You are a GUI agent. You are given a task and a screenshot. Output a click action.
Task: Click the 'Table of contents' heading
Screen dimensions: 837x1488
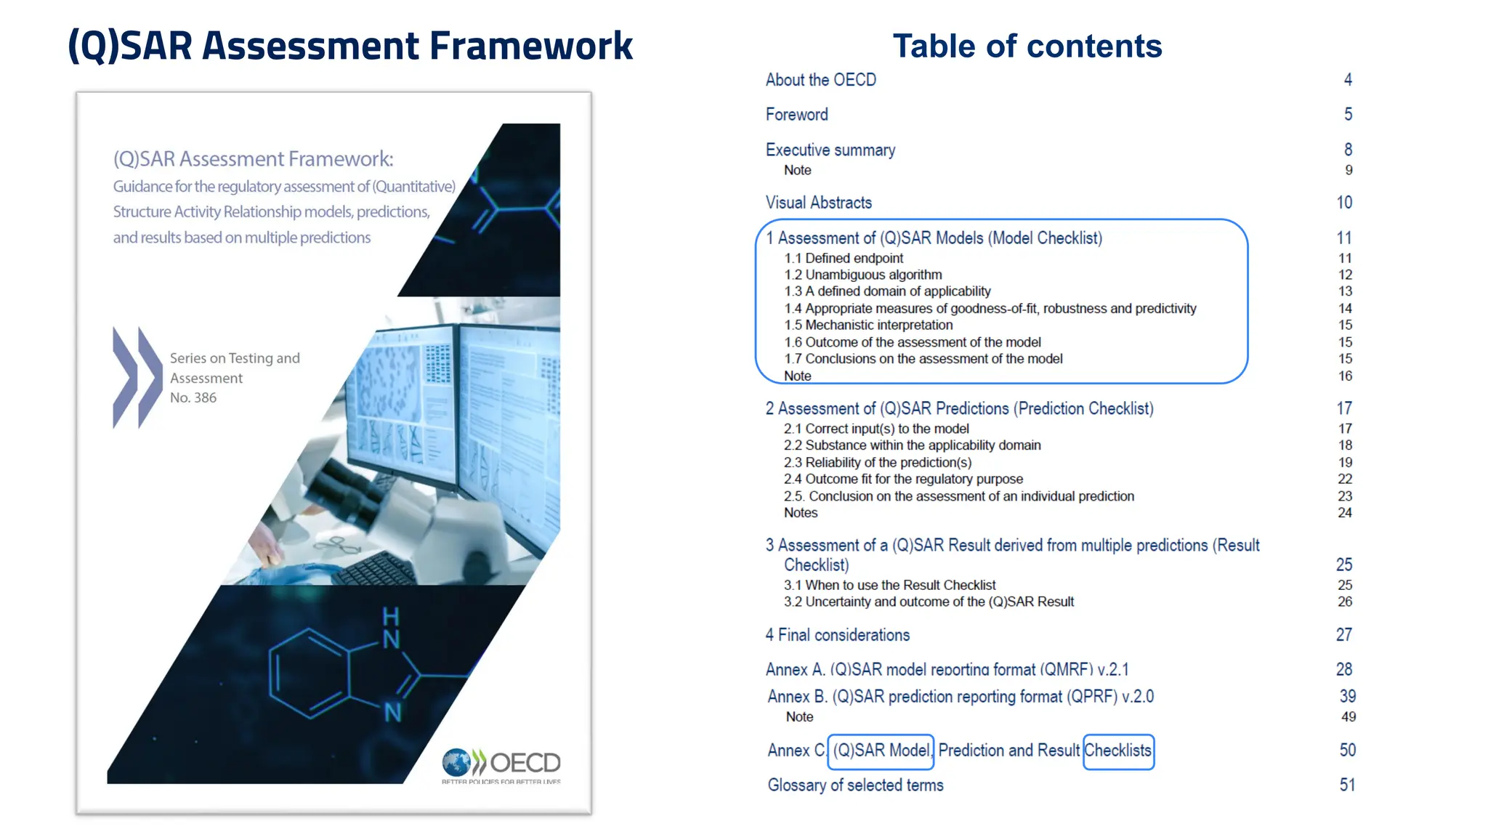coord(1027,46)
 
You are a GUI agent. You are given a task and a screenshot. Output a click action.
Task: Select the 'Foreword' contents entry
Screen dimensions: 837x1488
coord(796,115)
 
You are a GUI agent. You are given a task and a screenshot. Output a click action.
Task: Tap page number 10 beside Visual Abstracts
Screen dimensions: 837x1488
coord(1344,203)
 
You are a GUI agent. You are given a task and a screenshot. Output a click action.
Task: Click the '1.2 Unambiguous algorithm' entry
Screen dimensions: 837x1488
coord(862,275)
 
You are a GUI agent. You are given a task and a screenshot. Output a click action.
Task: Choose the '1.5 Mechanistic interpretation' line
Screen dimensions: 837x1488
coord(868,325)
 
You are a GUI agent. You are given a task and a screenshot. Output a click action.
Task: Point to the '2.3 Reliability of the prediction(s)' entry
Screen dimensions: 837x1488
coord(877,462)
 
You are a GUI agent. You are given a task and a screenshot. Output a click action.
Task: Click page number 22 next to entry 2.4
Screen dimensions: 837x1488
coord(1345,479)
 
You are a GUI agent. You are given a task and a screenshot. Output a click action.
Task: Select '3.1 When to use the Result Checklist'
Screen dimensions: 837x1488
coord(889,585)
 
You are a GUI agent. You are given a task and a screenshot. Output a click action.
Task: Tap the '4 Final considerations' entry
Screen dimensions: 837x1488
coord(837,635)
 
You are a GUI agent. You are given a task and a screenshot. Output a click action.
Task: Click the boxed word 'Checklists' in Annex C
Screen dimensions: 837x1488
coord(1118,751)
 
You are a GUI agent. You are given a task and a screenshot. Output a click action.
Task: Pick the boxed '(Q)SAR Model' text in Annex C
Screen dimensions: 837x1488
coord(881,751)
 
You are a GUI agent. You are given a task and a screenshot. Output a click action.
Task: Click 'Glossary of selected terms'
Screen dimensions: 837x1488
coord(855,785)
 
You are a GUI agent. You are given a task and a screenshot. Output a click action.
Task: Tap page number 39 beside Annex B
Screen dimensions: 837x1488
coord(1347,696)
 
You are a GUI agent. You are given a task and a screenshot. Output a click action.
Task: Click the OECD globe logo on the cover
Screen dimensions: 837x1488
coord(456,763)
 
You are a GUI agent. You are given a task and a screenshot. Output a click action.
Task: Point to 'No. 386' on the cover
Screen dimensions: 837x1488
coord(193,397)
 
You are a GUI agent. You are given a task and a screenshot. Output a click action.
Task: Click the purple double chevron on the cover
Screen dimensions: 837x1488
coord(137,378)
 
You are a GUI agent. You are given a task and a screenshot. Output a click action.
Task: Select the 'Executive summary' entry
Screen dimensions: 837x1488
coord(830,150)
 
